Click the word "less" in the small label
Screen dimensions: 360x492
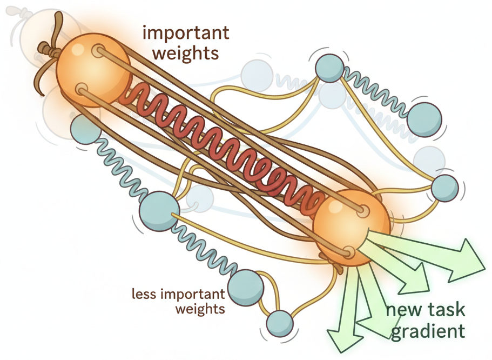point(143,295)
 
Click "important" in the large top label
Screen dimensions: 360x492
point(186,33)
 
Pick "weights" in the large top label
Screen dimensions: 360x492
point(185,53)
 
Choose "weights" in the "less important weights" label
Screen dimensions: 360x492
point(199,309)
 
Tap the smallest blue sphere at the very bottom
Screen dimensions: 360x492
point(280,324)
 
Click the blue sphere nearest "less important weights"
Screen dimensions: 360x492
point(245,286)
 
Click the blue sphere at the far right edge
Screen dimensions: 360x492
point(444,188)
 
